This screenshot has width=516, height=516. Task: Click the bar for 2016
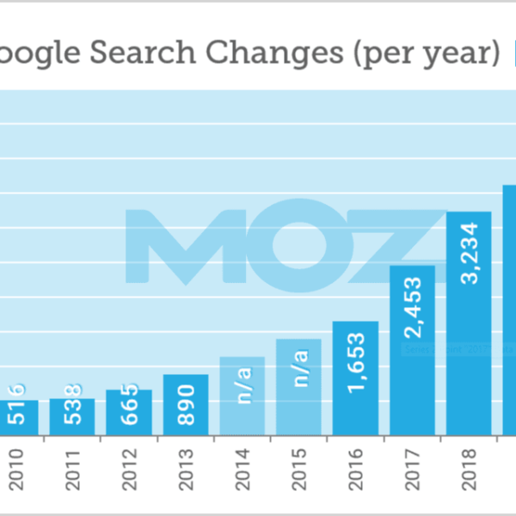355,378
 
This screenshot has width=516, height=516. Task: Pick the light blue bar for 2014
242,396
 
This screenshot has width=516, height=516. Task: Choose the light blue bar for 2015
298,387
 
